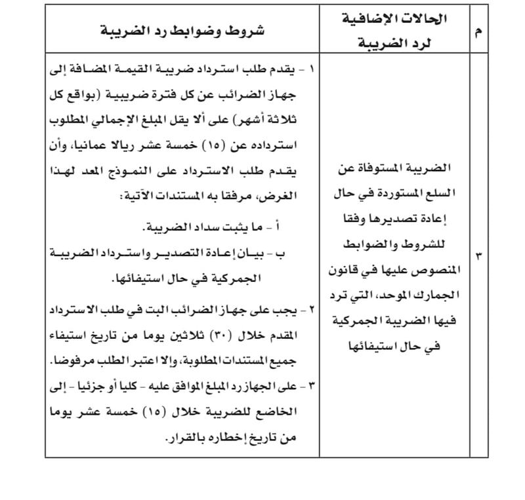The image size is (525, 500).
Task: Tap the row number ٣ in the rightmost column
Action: (x=478, y=257)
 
